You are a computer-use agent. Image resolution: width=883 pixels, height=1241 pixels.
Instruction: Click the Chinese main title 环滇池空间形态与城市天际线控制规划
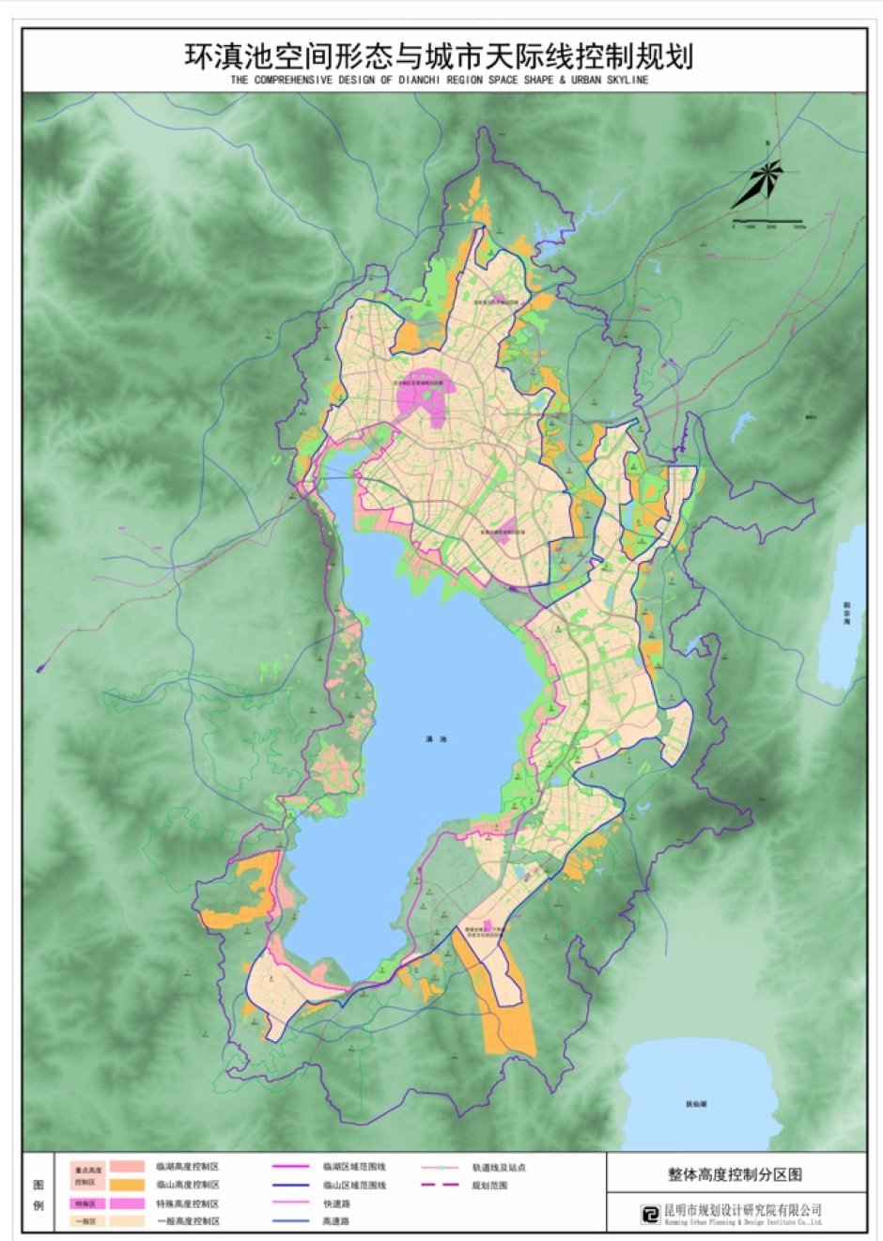coord(440,55)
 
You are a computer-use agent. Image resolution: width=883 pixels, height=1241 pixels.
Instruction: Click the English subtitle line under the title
coord(440,81)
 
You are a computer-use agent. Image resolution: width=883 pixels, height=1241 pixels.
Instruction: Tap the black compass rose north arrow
coord(759,183)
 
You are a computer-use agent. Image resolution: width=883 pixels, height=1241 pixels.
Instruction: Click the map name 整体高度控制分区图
coord(736,1173)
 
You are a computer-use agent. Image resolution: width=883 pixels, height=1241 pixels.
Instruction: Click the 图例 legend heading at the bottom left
coord(39,1194)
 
